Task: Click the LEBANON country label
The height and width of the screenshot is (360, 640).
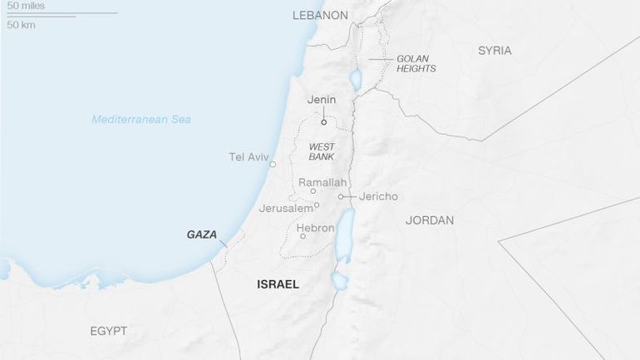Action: (320, 15)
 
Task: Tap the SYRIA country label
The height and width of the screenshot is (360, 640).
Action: (495, 51)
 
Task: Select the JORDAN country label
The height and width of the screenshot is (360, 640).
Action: (430, 220)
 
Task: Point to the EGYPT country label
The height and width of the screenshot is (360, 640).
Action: (108, 331)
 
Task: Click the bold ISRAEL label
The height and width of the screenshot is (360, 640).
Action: (278, 284)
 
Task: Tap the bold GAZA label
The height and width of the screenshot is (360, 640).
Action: (202, 235)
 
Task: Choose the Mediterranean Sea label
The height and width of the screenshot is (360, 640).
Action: (141, 120)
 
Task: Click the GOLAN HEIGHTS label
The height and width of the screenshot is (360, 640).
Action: (416, 64)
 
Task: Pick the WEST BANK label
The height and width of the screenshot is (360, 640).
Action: (322, 151)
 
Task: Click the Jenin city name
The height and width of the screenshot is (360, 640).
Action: (322, 101)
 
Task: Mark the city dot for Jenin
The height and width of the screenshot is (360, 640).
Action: (323, 121)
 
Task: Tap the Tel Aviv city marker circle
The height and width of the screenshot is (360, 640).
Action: (273, 165)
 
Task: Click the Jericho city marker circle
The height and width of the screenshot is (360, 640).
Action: (341, 197)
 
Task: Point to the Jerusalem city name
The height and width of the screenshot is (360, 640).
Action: (285, 208)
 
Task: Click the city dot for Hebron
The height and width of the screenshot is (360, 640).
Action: (303, 236)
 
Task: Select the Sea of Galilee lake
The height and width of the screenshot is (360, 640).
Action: (356, 80)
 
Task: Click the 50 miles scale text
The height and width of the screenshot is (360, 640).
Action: (26, 6)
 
